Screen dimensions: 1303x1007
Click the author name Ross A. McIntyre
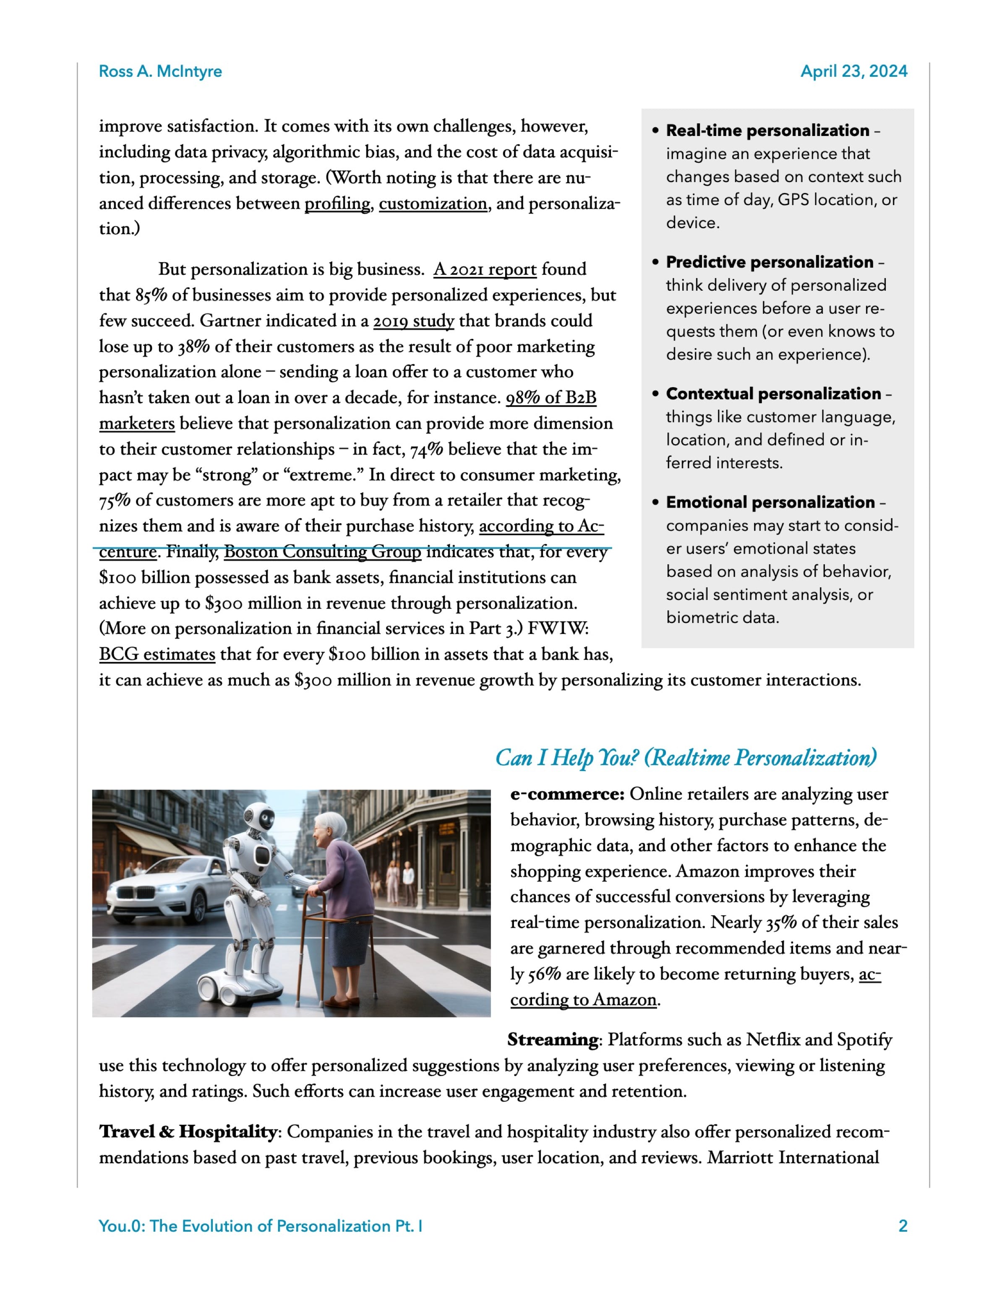(x=160, y=72)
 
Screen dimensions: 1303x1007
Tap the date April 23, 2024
(x=854, y=72)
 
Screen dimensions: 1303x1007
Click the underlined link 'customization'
(x=433, y=203)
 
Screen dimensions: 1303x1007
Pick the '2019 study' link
(x=413, y=321)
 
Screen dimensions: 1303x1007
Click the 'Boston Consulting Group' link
(x=322, y=552)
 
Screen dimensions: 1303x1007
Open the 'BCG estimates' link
(x=157, y=654)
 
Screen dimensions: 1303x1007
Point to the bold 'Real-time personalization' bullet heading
(x=767, y=130)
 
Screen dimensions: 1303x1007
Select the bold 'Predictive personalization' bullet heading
(x=769, y=262)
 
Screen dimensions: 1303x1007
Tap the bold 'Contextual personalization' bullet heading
(x=773, y=394)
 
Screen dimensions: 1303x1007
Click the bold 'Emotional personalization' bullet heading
(x=770, y=502)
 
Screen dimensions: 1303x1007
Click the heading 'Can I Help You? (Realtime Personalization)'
(x=686, y=758)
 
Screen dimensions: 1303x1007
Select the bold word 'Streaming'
(x=553, y=1040)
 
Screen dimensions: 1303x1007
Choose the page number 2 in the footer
(x=903, y=1226)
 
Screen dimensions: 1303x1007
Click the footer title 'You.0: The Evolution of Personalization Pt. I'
(x=261, y=1226)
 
